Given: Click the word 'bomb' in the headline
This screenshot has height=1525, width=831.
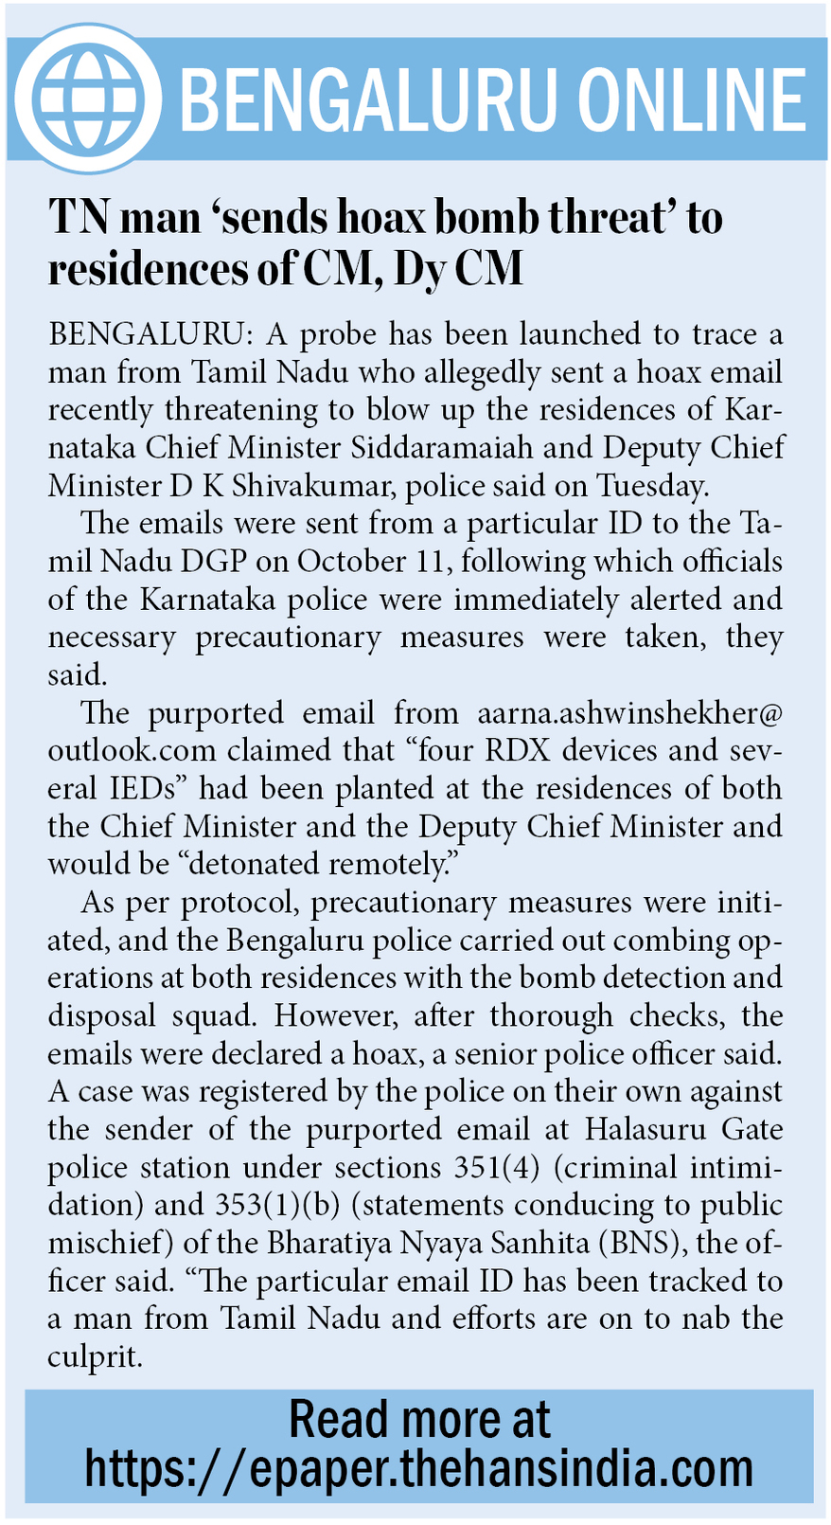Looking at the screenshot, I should [491, 218].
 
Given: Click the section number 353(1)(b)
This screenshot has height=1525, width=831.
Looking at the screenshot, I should [268, 1205].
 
